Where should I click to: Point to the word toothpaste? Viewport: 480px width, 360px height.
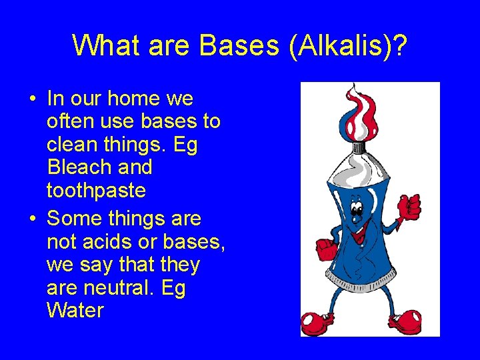[x=96, y=190]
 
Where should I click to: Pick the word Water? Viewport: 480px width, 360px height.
[x=75, y=310]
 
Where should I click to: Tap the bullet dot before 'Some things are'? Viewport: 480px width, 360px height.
[x=32, y=219]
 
